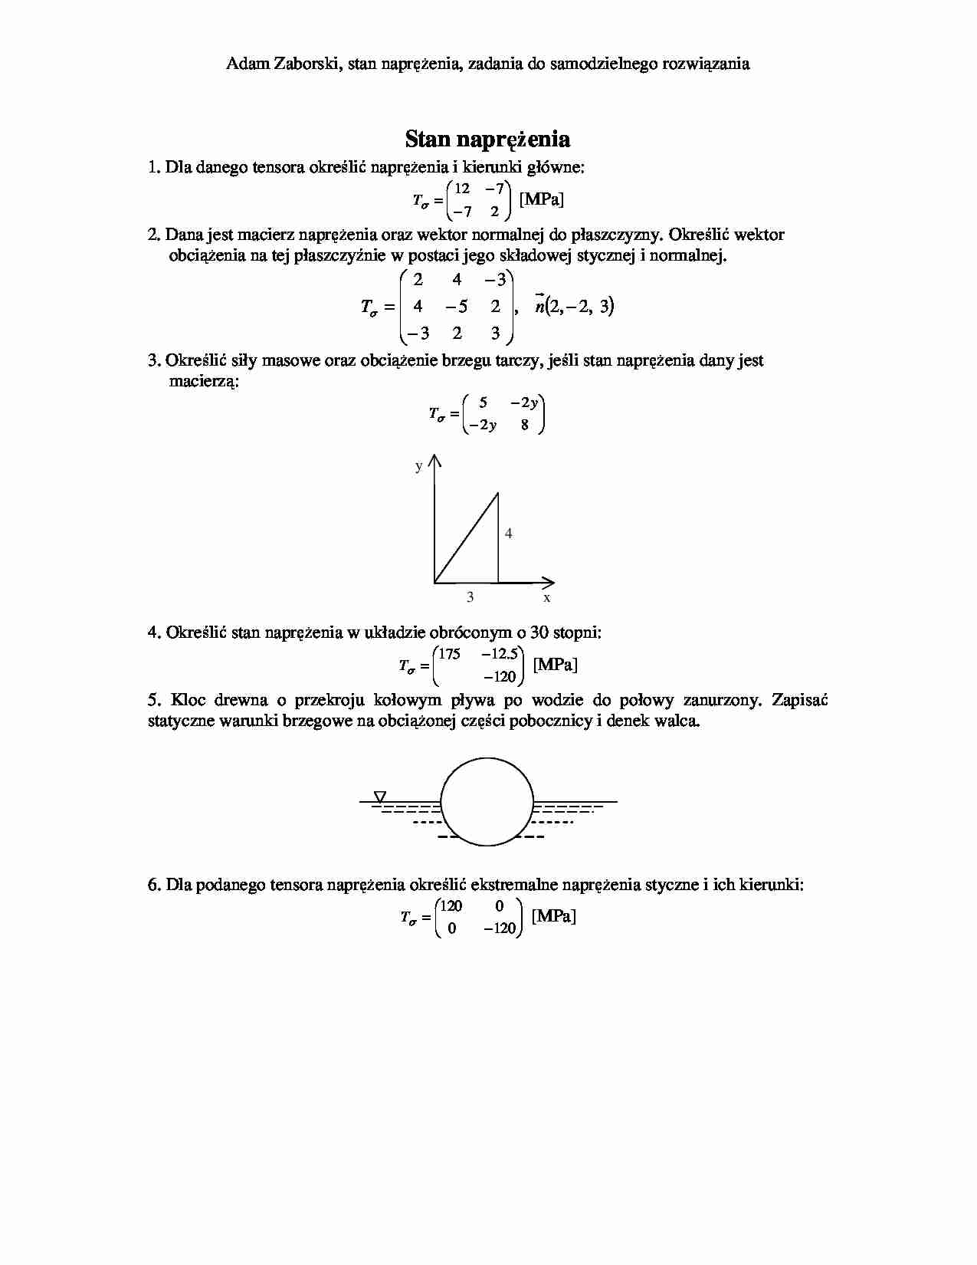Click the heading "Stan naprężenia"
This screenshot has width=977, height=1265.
(487, 140)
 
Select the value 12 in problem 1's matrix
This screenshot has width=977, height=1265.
(462, 189)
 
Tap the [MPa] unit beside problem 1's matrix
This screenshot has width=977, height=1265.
(542, 199)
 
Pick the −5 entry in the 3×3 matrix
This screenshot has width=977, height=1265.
(457, 307)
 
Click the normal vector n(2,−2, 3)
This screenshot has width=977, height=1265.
(575, 307)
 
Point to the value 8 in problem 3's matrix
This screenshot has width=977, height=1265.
(524, 425)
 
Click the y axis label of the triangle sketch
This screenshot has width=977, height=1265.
(418, 466)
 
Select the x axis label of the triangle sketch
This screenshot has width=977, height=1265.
(547, 597)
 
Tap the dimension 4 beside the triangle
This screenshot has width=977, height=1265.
(509, 533)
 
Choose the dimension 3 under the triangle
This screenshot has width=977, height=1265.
(470, 597)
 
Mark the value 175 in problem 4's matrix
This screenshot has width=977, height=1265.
(450, 654)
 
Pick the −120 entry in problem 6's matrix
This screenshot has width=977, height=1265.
(500, 928)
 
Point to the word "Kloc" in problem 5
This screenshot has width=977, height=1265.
(188, 700)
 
